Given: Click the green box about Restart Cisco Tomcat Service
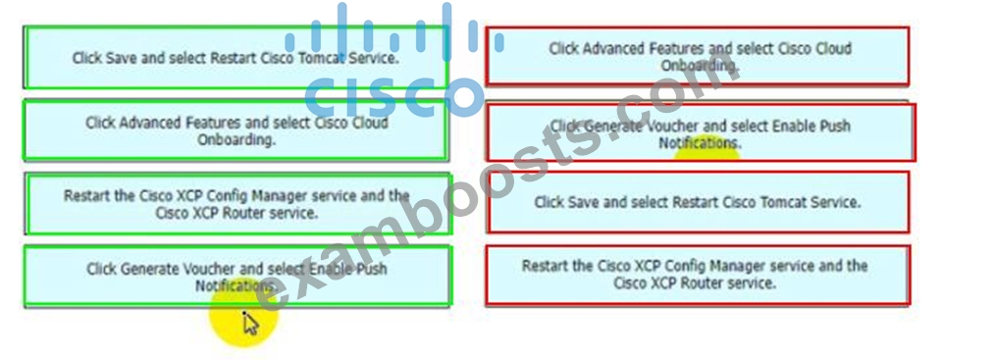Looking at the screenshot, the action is coord(235,57).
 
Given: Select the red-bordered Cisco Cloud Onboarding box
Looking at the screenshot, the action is coord(697,56).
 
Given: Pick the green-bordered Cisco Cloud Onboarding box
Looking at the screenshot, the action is coord(235,129).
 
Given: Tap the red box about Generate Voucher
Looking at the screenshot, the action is coord(701,132).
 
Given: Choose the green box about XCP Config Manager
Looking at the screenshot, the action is coord(237,203).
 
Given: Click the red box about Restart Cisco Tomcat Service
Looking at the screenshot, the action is coord(698,202).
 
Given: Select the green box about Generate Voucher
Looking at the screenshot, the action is coord(237,277).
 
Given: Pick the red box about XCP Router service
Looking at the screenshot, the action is coord(698,275).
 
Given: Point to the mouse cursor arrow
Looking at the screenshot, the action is coord(250,324).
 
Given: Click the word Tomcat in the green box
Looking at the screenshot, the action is coord(322,58).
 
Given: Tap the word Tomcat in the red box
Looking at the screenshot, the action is coord(783,203).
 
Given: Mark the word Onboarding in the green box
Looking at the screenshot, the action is coord(236,139).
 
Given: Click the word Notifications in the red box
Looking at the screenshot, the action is coord(700,143).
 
